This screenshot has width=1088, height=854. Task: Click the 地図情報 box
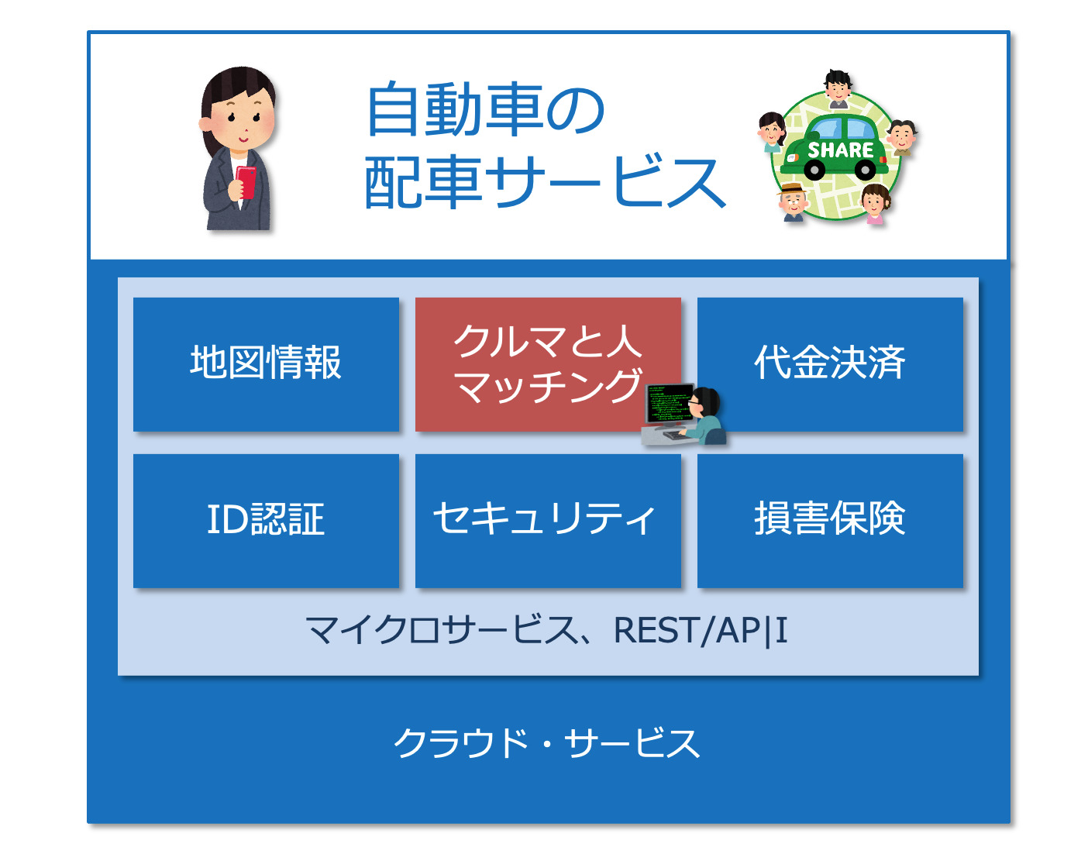[265, 364]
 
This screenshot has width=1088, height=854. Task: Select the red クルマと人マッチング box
[548, 364]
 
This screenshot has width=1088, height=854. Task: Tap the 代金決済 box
[830, 364]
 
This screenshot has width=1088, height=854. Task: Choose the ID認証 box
[265, 521]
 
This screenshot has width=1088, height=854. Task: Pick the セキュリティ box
[548, 521]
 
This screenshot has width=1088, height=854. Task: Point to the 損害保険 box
[830, 521]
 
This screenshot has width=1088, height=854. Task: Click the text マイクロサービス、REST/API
[547, 630]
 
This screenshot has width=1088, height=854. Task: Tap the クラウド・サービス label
[547, 743]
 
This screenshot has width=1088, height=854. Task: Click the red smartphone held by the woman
[246, 181]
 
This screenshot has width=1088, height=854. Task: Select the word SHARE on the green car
[841, 150]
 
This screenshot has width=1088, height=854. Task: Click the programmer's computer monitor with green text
[669, 404]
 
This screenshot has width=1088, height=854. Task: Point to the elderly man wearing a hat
[794, 202]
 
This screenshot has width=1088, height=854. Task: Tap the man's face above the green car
[838, 89]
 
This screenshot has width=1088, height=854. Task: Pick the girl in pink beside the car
[875, 204]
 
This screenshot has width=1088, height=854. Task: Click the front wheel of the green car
[814, 170]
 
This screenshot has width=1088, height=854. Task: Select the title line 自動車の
[485, 109]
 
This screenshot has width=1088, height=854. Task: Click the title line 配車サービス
[545, 181]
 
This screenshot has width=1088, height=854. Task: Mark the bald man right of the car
[902, 138]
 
